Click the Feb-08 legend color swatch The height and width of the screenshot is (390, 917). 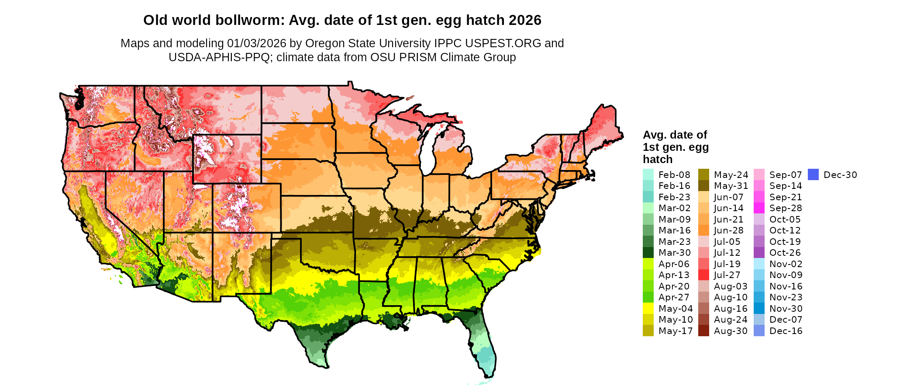[x=648, y=174]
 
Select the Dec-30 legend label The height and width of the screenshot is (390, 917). [x=840, y=175]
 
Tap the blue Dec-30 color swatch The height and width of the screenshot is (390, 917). [x=813, y=174]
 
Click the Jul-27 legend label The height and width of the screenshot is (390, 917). [x=727, y=275]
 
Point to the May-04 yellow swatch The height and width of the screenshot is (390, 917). [x=648, y=309]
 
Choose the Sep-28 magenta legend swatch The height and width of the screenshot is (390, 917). [x=759, y=208]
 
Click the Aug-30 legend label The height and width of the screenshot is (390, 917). [x=731, y=331]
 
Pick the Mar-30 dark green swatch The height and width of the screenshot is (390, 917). [x=648, y=253]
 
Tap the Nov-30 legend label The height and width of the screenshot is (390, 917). [x=786, y=309]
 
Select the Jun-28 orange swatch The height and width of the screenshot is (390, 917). [x=703, y=230]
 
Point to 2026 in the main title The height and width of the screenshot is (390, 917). [x=526, y=20]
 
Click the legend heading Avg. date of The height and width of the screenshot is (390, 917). [x=675, y=135]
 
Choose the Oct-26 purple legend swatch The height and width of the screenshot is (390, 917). [x=759, y=253]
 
